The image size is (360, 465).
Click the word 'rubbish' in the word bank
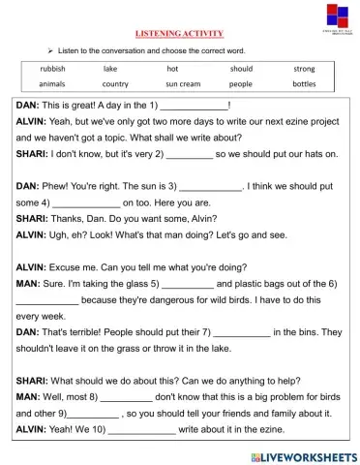click(53, 69)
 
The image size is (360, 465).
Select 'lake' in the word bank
click(109, 69)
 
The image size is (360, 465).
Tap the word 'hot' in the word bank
click(172, 69)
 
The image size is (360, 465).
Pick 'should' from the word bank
click(241, 69)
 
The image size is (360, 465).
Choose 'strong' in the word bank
click(304, 69)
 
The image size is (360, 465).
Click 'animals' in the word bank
click(53, 84)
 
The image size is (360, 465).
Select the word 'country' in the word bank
click(115, 84)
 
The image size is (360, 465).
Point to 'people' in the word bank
click(241, 84)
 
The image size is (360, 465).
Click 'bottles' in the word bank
click(304, 84)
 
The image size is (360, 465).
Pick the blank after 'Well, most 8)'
click(127, 396)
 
